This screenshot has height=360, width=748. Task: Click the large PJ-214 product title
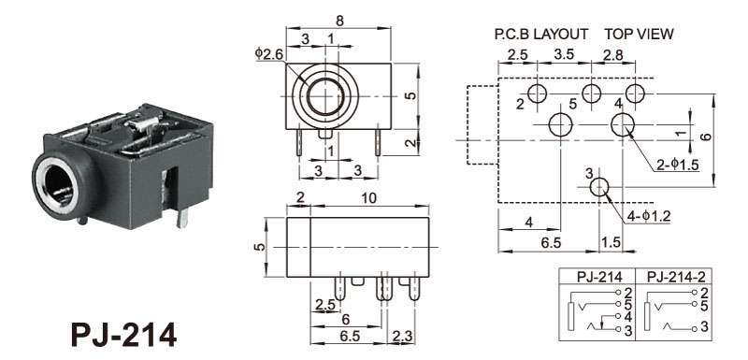coord(123,334)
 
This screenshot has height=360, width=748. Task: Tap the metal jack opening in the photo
coord(58,185)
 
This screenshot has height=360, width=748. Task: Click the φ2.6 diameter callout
coord(269,54)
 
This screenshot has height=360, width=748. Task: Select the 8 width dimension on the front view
coord(339,21)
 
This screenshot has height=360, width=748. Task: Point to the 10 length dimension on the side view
coord(368,198)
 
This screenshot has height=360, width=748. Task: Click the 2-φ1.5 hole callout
coord(678,165)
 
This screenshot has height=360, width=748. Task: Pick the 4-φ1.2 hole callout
coord(649,217)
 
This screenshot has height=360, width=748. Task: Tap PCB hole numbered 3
coord(599,187)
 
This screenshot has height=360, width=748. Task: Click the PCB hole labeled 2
coord(538,93)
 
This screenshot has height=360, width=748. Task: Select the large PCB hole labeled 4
coord(623,124)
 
